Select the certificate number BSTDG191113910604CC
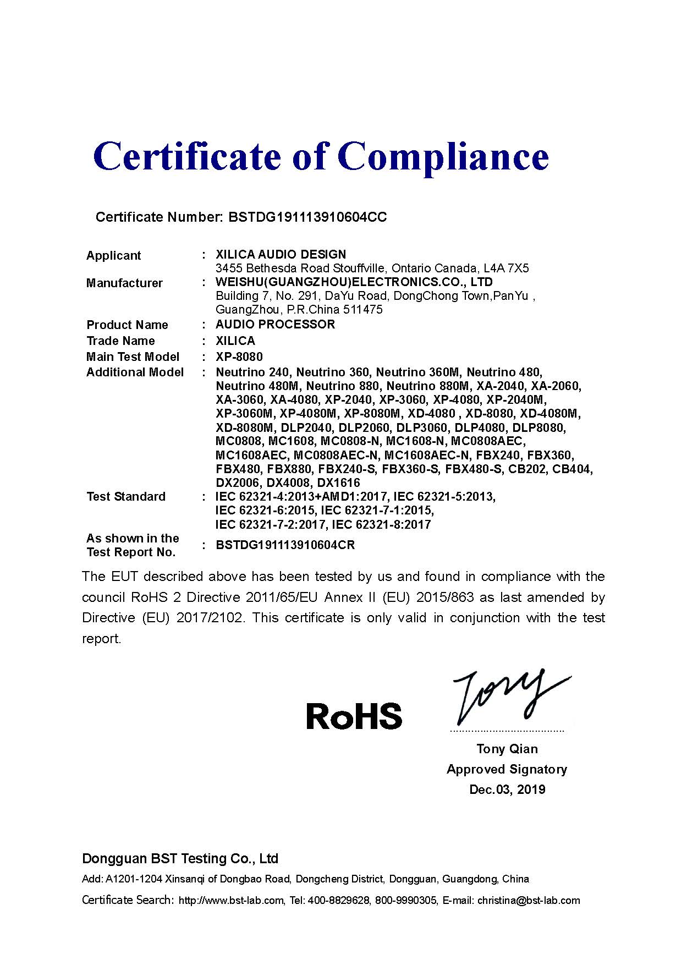pos(307,217)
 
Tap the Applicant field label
pos(113,255)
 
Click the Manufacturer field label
pos(124,283)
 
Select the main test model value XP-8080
pos(239,357)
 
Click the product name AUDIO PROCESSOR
pos(275,324)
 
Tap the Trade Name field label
pos(120,341)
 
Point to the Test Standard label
pos(126,497)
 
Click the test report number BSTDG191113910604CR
pos(285,545)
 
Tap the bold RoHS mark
pos(354,716)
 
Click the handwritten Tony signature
pos(506,696)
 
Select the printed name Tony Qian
pos(507,749)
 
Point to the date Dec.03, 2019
pos(507,789)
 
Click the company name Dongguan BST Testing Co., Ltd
pos(180,858)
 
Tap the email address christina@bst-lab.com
pos(529,901)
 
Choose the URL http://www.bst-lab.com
pos(232,901)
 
